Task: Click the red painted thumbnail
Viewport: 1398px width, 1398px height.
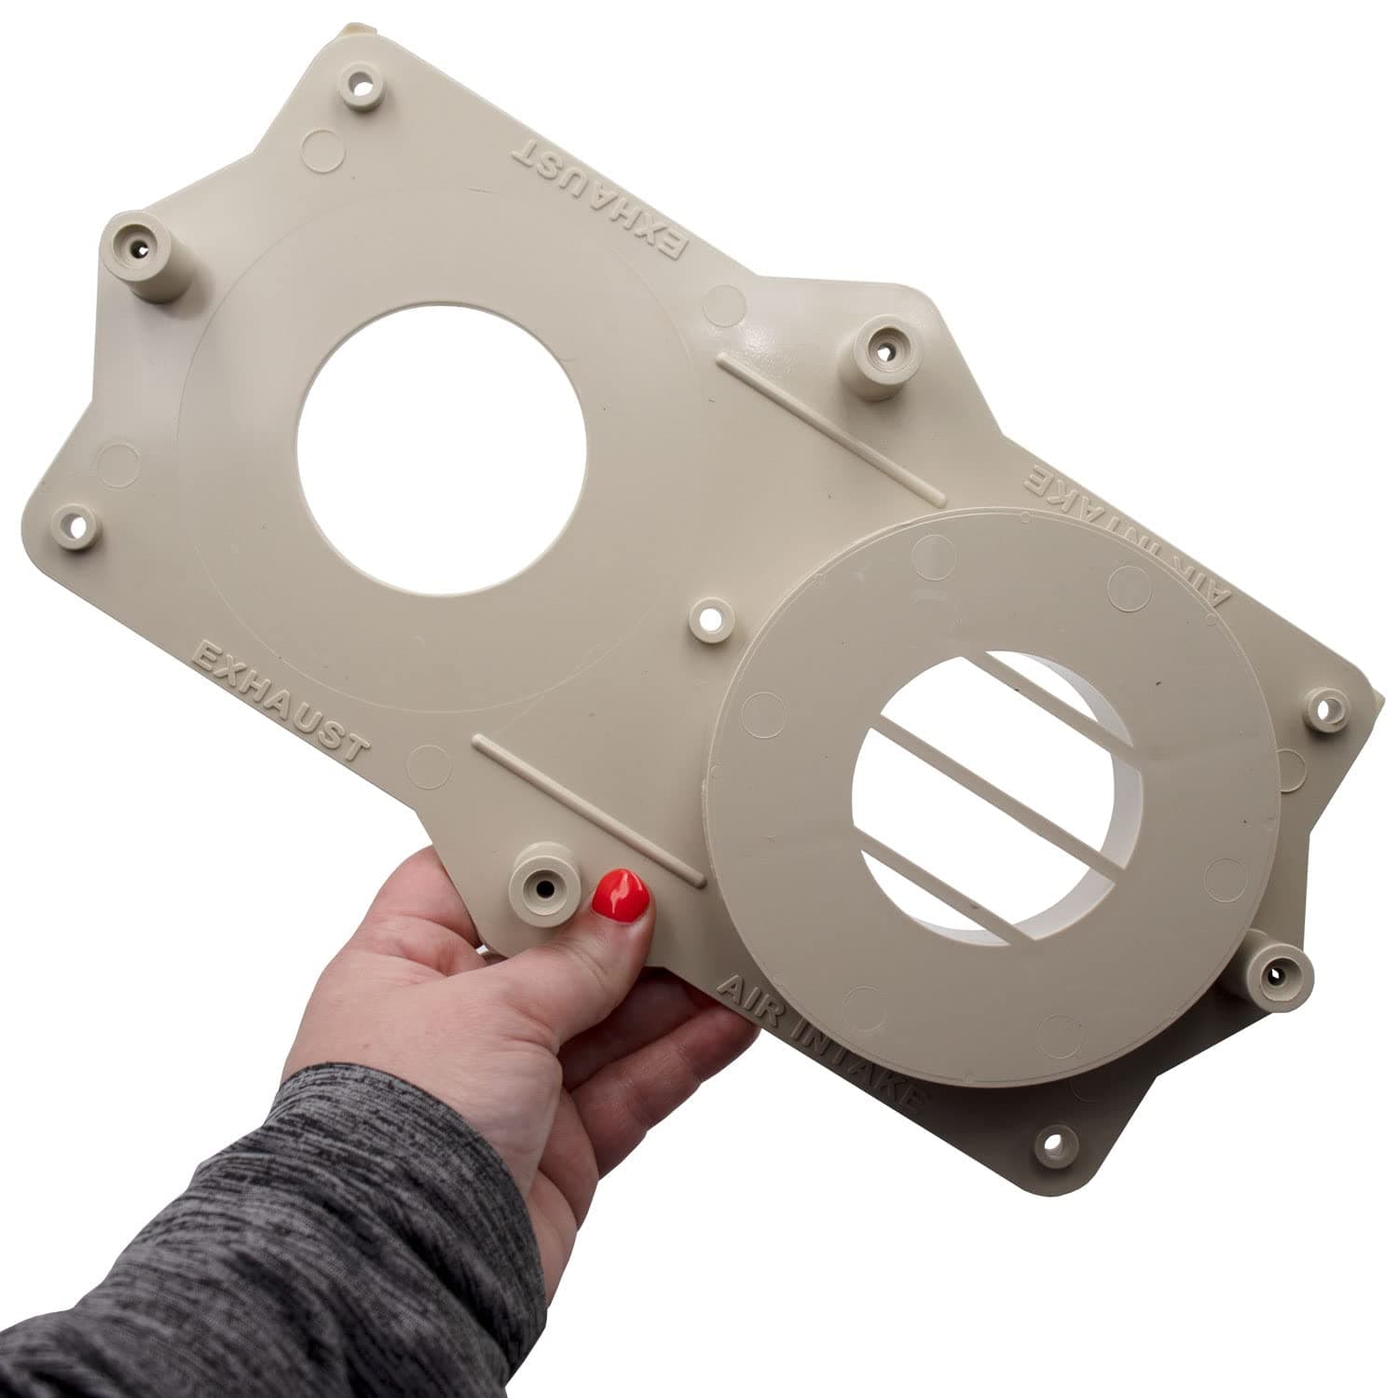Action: click(x=621, y=895)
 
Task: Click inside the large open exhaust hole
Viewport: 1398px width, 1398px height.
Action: click(x=442, y=448)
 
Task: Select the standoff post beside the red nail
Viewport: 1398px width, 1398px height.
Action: click(x=543, y=880)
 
